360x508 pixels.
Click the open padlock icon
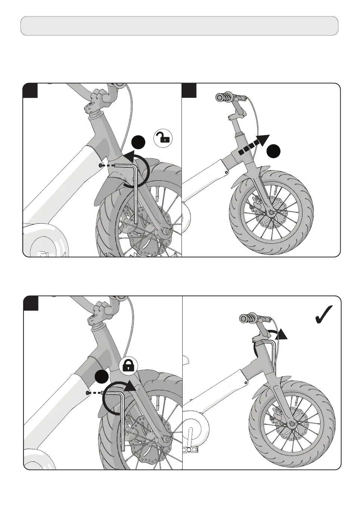(163, 138)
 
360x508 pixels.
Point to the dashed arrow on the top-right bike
(254, 146)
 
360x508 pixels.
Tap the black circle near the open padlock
(139, 143)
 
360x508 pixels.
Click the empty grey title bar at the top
(179, 26)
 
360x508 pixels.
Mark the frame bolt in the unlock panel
(100, 165)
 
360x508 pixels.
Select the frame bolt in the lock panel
(88, 393)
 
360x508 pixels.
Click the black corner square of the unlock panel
(30, 91)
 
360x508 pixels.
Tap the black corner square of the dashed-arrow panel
(189, 91)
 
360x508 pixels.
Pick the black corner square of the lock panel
(31, 303)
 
